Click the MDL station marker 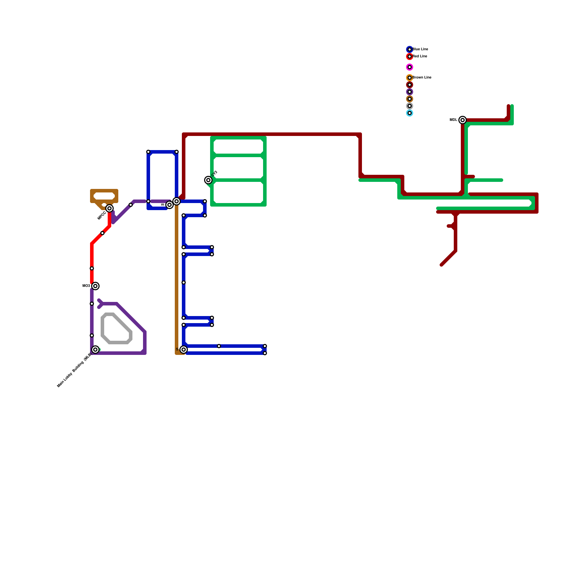tap(463, 120)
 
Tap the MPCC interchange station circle tap(109, 208)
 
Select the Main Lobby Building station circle tap(95, 350)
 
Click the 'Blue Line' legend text tap(420, 49)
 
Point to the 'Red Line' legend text tap(420, 56)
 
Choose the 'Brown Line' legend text tap(422, 78)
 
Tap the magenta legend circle tap(410, 67)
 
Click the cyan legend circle tap(410, 113)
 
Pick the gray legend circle tap(410, 106)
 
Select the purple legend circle tap(410, 92)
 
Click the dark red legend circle tap(410, 85)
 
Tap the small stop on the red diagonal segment tap(102, 233)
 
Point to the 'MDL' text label tap(453, 120)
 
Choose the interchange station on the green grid tap(208, 180)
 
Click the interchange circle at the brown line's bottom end tap(184, 350)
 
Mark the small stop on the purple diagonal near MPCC tap(131, 205)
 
